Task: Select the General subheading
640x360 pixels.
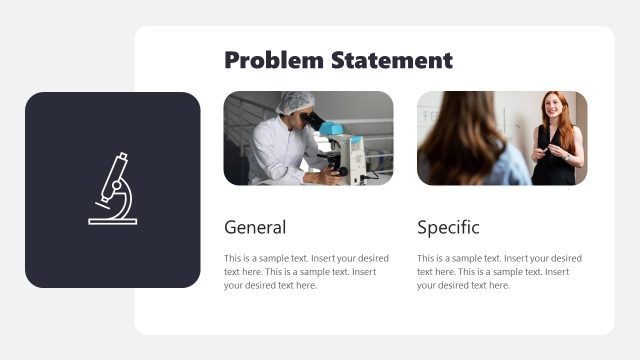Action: [x=255, y=227]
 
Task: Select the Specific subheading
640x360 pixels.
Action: [x=448, y=227]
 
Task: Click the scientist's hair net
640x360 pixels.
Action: [x=295, y=102]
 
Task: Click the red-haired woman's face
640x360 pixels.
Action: [x=552, y=106]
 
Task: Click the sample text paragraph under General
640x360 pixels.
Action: [x=304, y=271]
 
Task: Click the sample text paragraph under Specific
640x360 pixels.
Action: [x=498, y=271]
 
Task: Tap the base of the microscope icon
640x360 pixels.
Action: [x=113, y=220]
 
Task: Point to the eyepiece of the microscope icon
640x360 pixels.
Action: [x=121, y=157]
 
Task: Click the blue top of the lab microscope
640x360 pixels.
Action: [x=332, y=128]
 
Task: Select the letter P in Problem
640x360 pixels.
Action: [x=232, y=61]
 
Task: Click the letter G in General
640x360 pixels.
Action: [x=230, y=227]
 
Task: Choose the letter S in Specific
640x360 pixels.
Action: [x=422, y=227]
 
